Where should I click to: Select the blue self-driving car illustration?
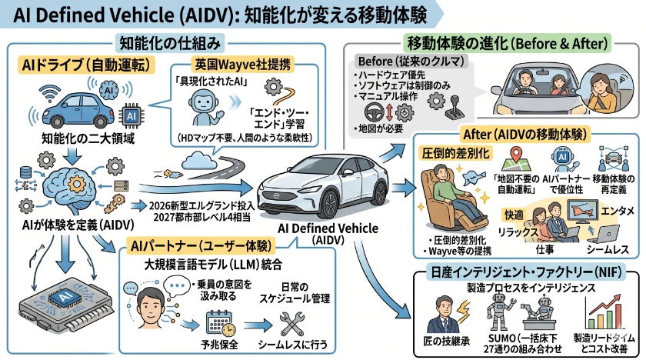(81, 110)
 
